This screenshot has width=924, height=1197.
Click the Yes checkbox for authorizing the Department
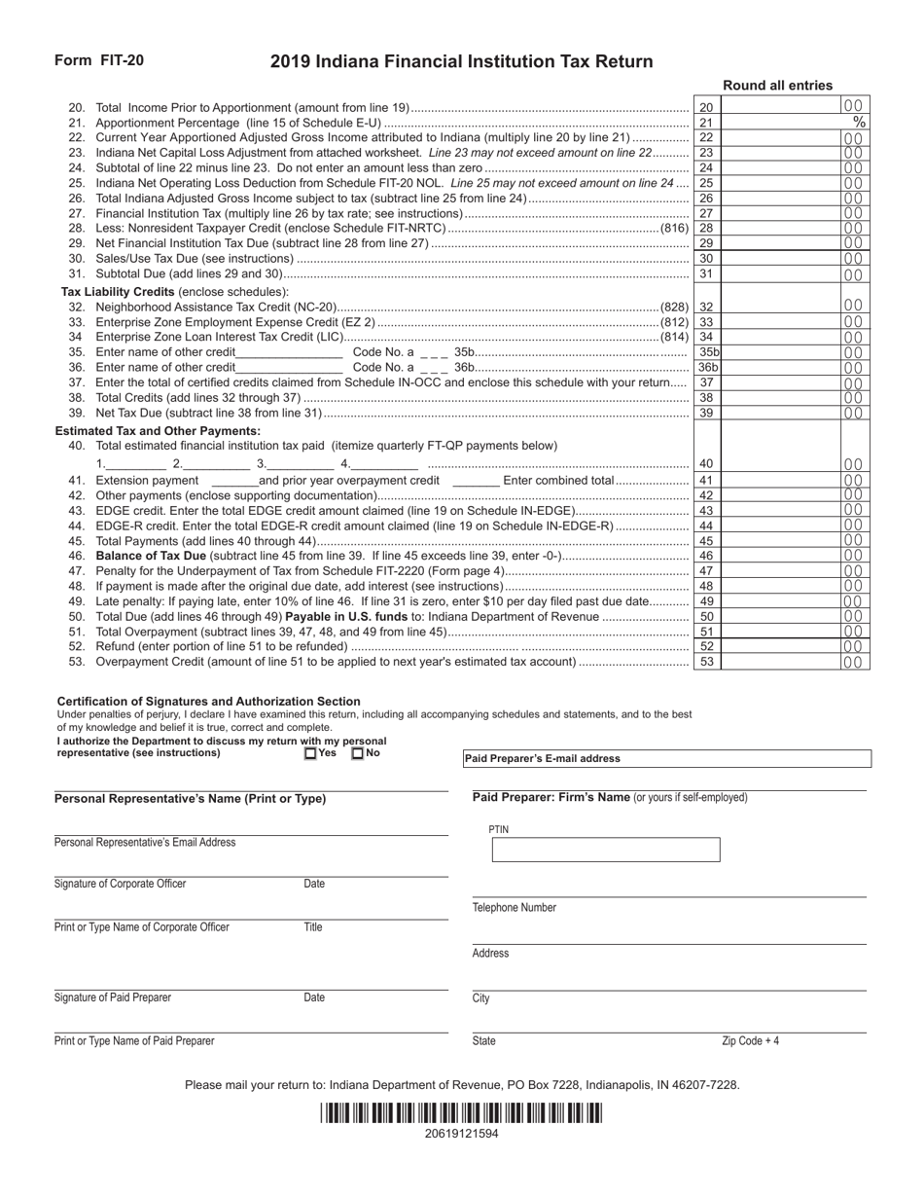coord(310,753)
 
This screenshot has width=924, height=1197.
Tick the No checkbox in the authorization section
coord(357,753)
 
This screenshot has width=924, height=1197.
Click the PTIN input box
coord(605,850)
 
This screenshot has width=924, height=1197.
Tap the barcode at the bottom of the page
coord(461,1113)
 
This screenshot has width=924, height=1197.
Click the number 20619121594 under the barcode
coord(461,1134)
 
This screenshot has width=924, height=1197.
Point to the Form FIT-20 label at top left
coord(99,60)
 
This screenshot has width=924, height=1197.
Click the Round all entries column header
coord(777,86)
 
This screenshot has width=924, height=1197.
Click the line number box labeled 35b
coord(708,352)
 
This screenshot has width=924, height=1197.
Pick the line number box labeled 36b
coord(708,368)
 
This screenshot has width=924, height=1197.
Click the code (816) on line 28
coord(674,229)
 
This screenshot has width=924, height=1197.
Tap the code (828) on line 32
coord(674,307)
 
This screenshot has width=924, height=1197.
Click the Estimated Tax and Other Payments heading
coord(158,430)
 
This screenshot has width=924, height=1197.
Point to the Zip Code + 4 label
coord(750,1041)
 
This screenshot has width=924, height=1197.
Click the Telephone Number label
coord(515,908)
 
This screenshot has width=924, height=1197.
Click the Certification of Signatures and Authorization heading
coord(209,701)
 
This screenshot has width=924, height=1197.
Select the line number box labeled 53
coord(707,663)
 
